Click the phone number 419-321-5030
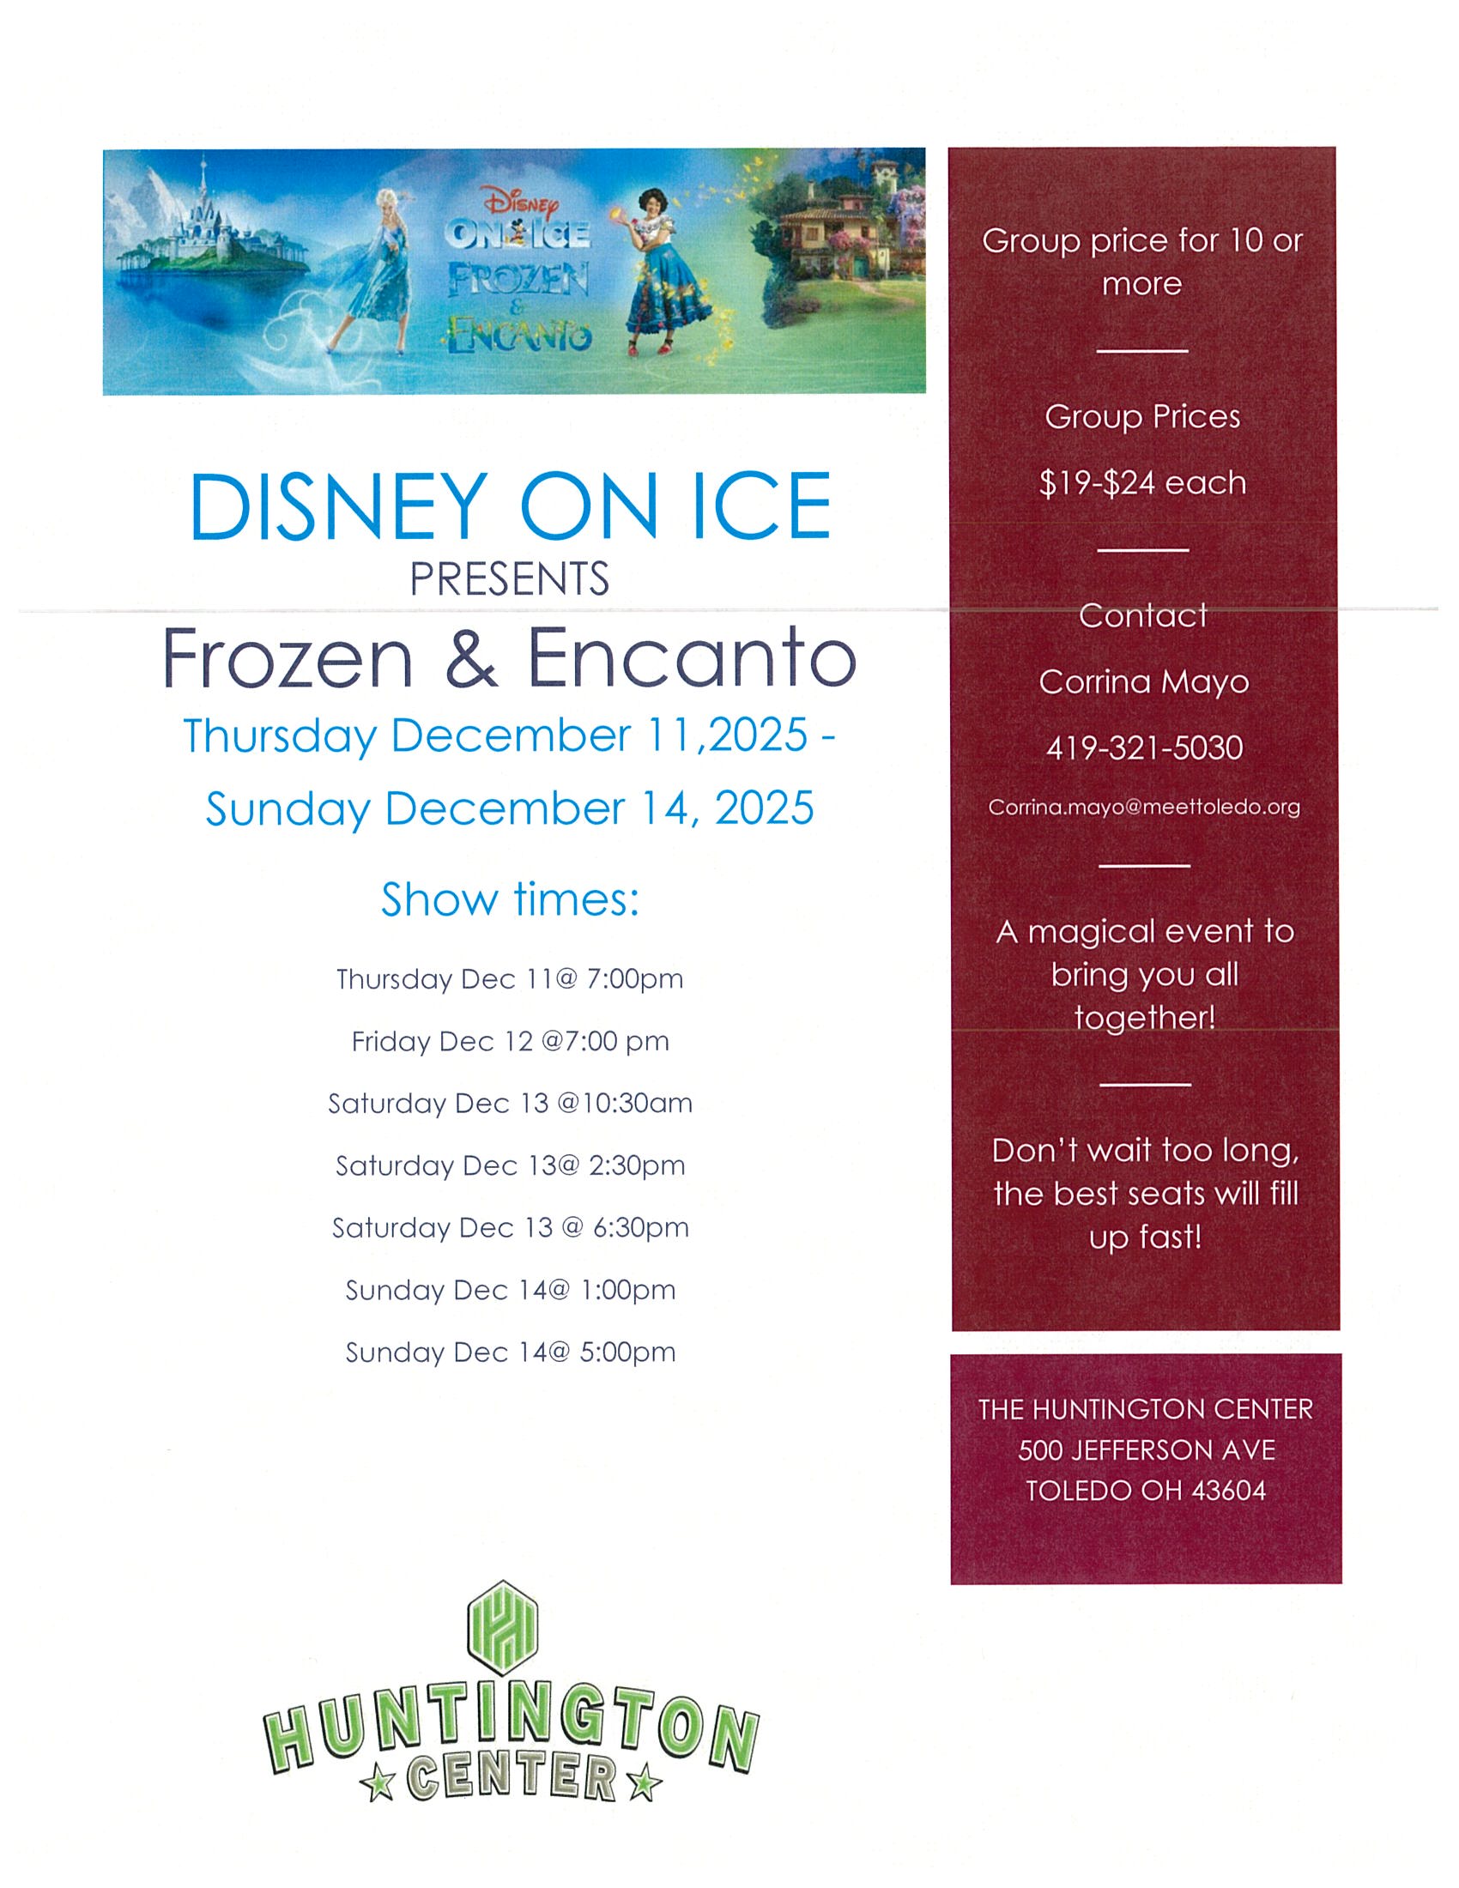coord(1143,747)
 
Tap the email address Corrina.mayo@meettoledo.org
coord(1143,807)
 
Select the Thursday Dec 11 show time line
coord(510,979)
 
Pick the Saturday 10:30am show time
coord(510,1104)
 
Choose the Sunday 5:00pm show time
coord(510,1352)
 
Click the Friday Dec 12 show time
coord(510,1042)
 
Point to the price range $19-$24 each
coord(1142,482)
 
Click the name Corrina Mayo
coord(1143,682)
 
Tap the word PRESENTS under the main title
coord(509,579)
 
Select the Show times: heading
coord(510,899)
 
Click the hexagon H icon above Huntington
coord(502,1628)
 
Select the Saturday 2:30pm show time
coord(510,1166)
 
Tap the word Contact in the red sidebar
coord(1142,615)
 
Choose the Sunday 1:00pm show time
coord(510,1291)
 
